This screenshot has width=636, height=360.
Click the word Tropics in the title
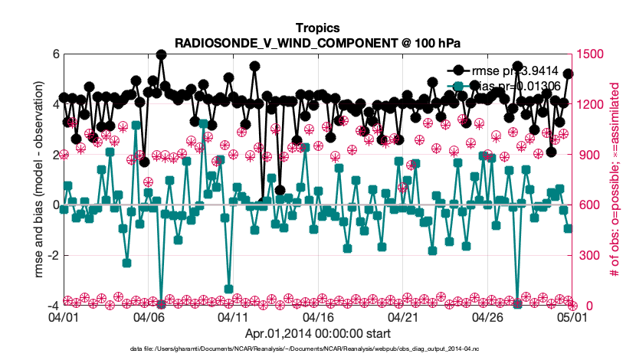point(317,29)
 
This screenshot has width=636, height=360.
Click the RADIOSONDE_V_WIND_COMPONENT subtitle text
point(317,43)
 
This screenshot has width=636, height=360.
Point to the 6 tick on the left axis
point(55,54)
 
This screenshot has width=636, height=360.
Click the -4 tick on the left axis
point(52,306)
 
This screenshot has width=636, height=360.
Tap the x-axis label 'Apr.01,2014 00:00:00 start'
point(317,333)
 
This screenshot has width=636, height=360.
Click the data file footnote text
point(317,349)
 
